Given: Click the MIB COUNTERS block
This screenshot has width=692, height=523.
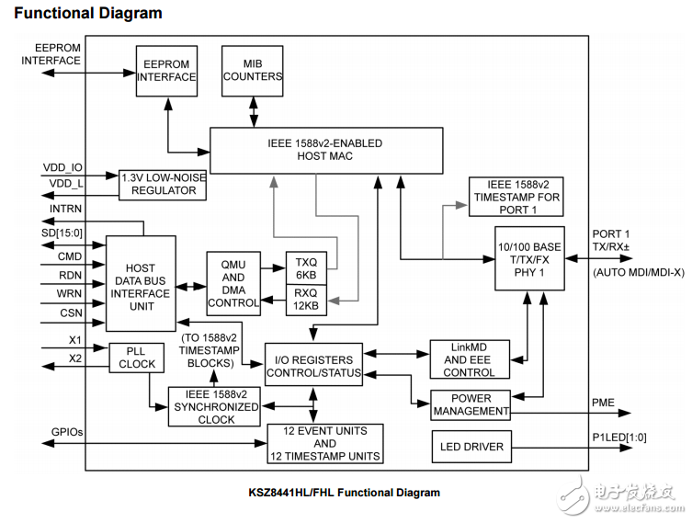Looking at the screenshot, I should [252, 70].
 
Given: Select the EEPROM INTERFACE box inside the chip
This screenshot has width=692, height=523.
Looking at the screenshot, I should [166, 70].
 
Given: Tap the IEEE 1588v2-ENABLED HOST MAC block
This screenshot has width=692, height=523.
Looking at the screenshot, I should [312, 150].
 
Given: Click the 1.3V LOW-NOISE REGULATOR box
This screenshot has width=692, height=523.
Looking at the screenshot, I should [163, 184].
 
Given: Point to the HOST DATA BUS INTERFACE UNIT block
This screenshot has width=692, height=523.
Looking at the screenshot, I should [141, 282].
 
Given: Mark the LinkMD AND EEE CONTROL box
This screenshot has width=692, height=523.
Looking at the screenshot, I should [469, 359].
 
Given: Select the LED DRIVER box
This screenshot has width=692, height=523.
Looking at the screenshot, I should [471, 447].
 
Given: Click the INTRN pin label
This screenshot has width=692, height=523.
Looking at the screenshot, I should [64, 210].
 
